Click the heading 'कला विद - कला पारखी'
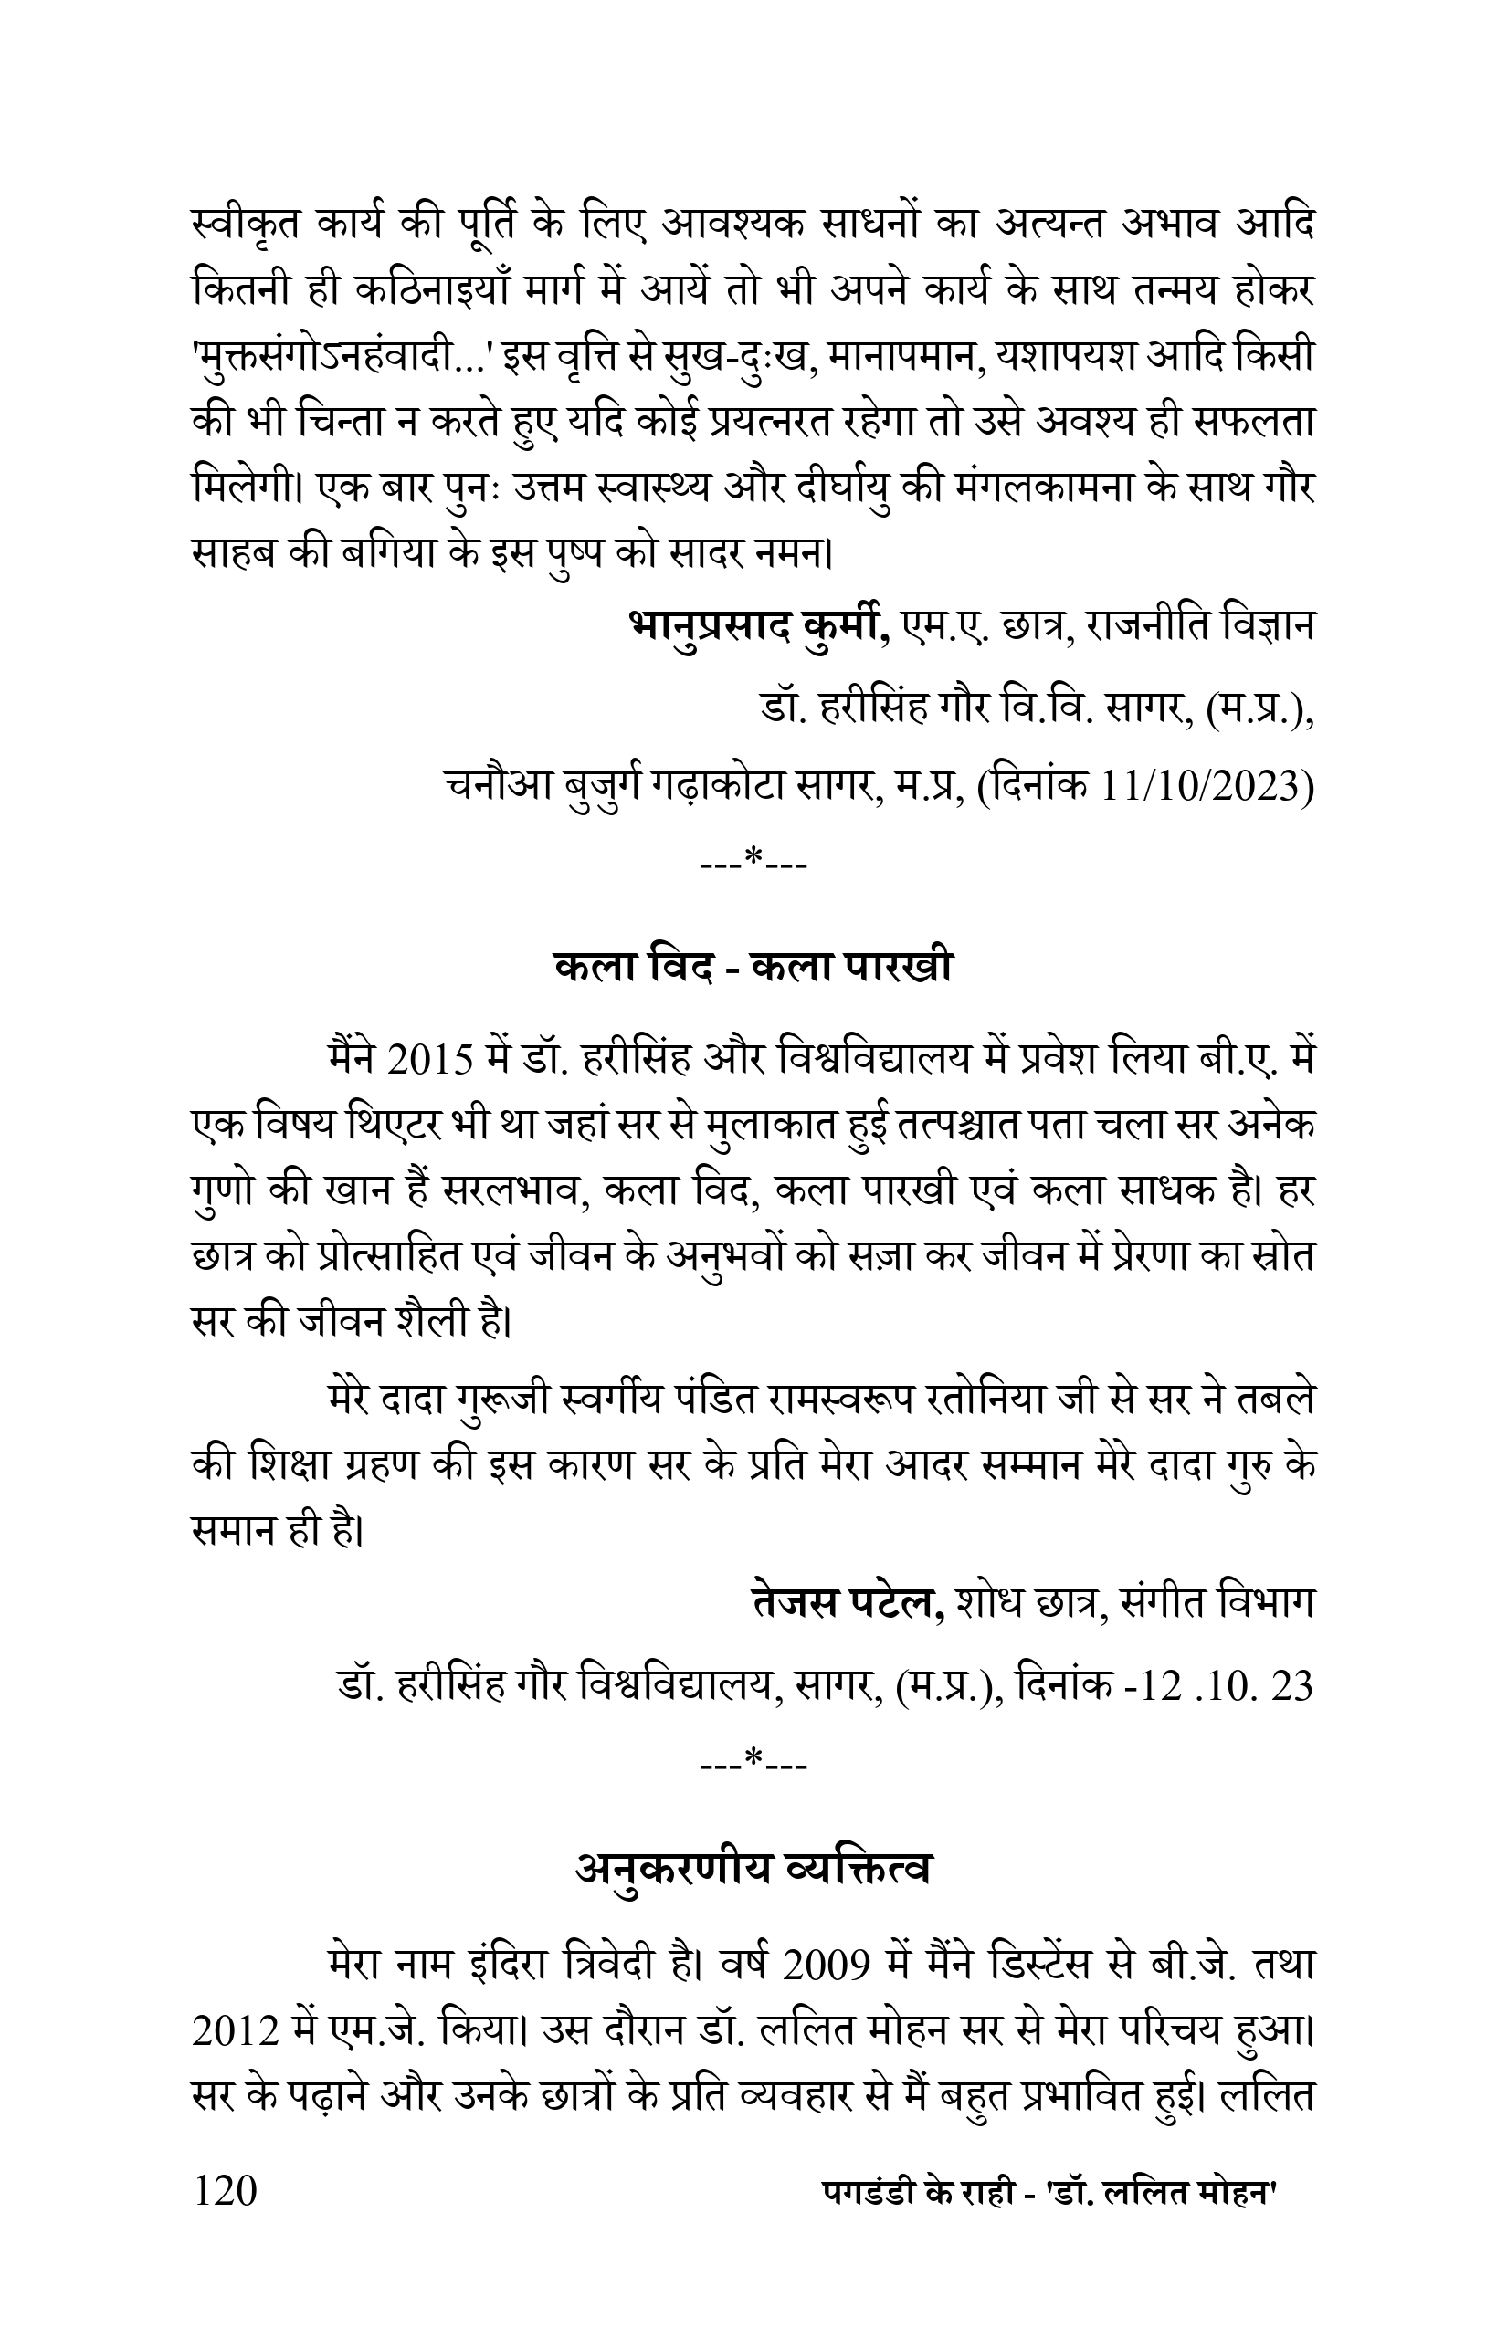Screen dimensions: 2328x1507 [x=753, y=968]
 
